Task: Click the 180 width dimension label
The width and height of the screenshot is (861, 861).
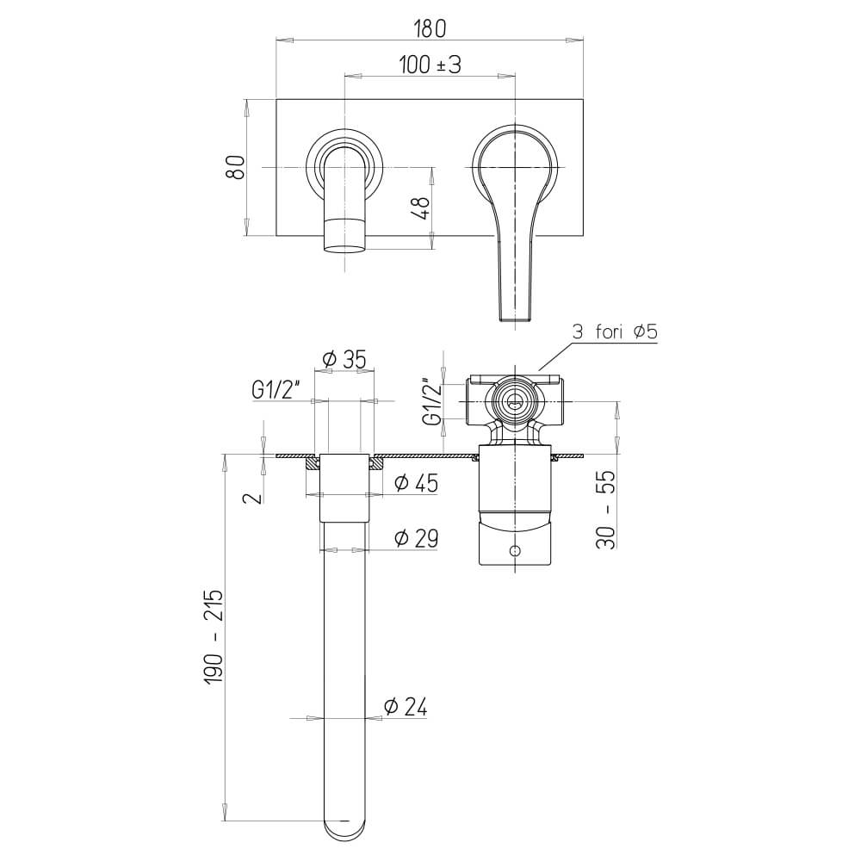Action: click(430, 28)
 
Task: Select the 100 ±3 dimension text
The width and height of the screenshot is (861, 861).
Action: click(430, 65)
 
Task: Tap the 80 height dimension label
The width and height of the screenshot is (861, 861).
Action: click(236, 168)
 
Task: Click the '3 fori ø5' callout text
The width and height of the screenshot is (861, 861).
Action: click(615, 331)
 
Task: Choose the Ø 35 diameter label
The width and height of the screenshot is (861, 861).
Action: click(344, 359)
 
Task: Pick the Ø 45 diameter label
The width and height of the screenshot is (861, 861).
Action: click(417, 483)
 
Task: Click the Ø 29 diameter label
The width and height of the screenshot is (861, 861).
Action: click(417, 538)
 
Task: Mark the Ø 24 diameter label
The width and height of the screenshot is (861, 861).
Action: click(406, 707)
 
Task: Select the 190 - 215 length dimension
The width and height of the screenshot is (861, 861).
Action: click(213, 636)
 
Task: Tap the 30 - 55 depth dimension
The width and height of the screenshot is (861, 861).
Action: click(606, 510)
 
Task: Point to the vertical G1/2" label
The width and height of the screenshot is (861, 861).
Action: click(433, 401)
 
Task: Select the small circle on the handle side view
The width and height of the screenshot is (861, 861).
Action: click(515, 550)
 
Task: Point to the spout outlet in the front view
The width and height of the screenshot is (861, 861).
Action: click(344, 250)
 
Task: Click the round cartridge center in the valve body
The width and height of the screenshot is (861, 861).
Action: click(515, 401)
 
